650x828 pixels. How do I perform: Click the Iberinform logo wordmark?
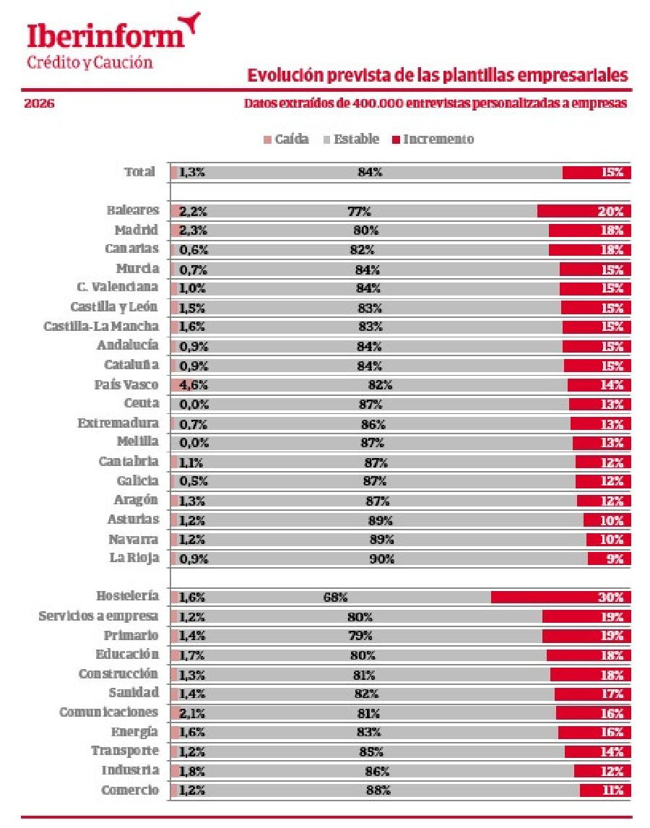pyautogui.click(x=103, y=35)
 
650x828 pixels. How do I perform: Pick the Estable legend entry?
pyautogui.click(x=351, y=139)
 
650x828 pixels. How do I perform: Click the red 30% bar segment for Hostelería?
pyautogui.click(x=560, y=598)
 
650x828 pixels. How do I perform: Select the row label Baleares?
pyautogui.click(x=132, y=211)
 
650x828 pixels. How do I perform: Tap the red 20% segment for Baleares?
pyautogui.click(x=584, y=212)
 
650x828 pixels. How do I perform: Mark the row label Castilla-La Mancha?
pyautogui.click(x=101, y=327)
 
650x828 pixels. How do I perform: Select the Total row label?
pyautogui.click(x=139, y=172)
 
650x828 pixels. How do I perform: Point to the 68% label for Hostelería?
pyautogui.click(x=335, y=598)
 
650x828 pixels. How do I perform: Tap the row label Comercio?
pyautogui.click(x=130, y=790)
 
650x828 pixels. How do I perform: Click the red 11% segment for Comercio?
pyautogui.click(x=605, y=790)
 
